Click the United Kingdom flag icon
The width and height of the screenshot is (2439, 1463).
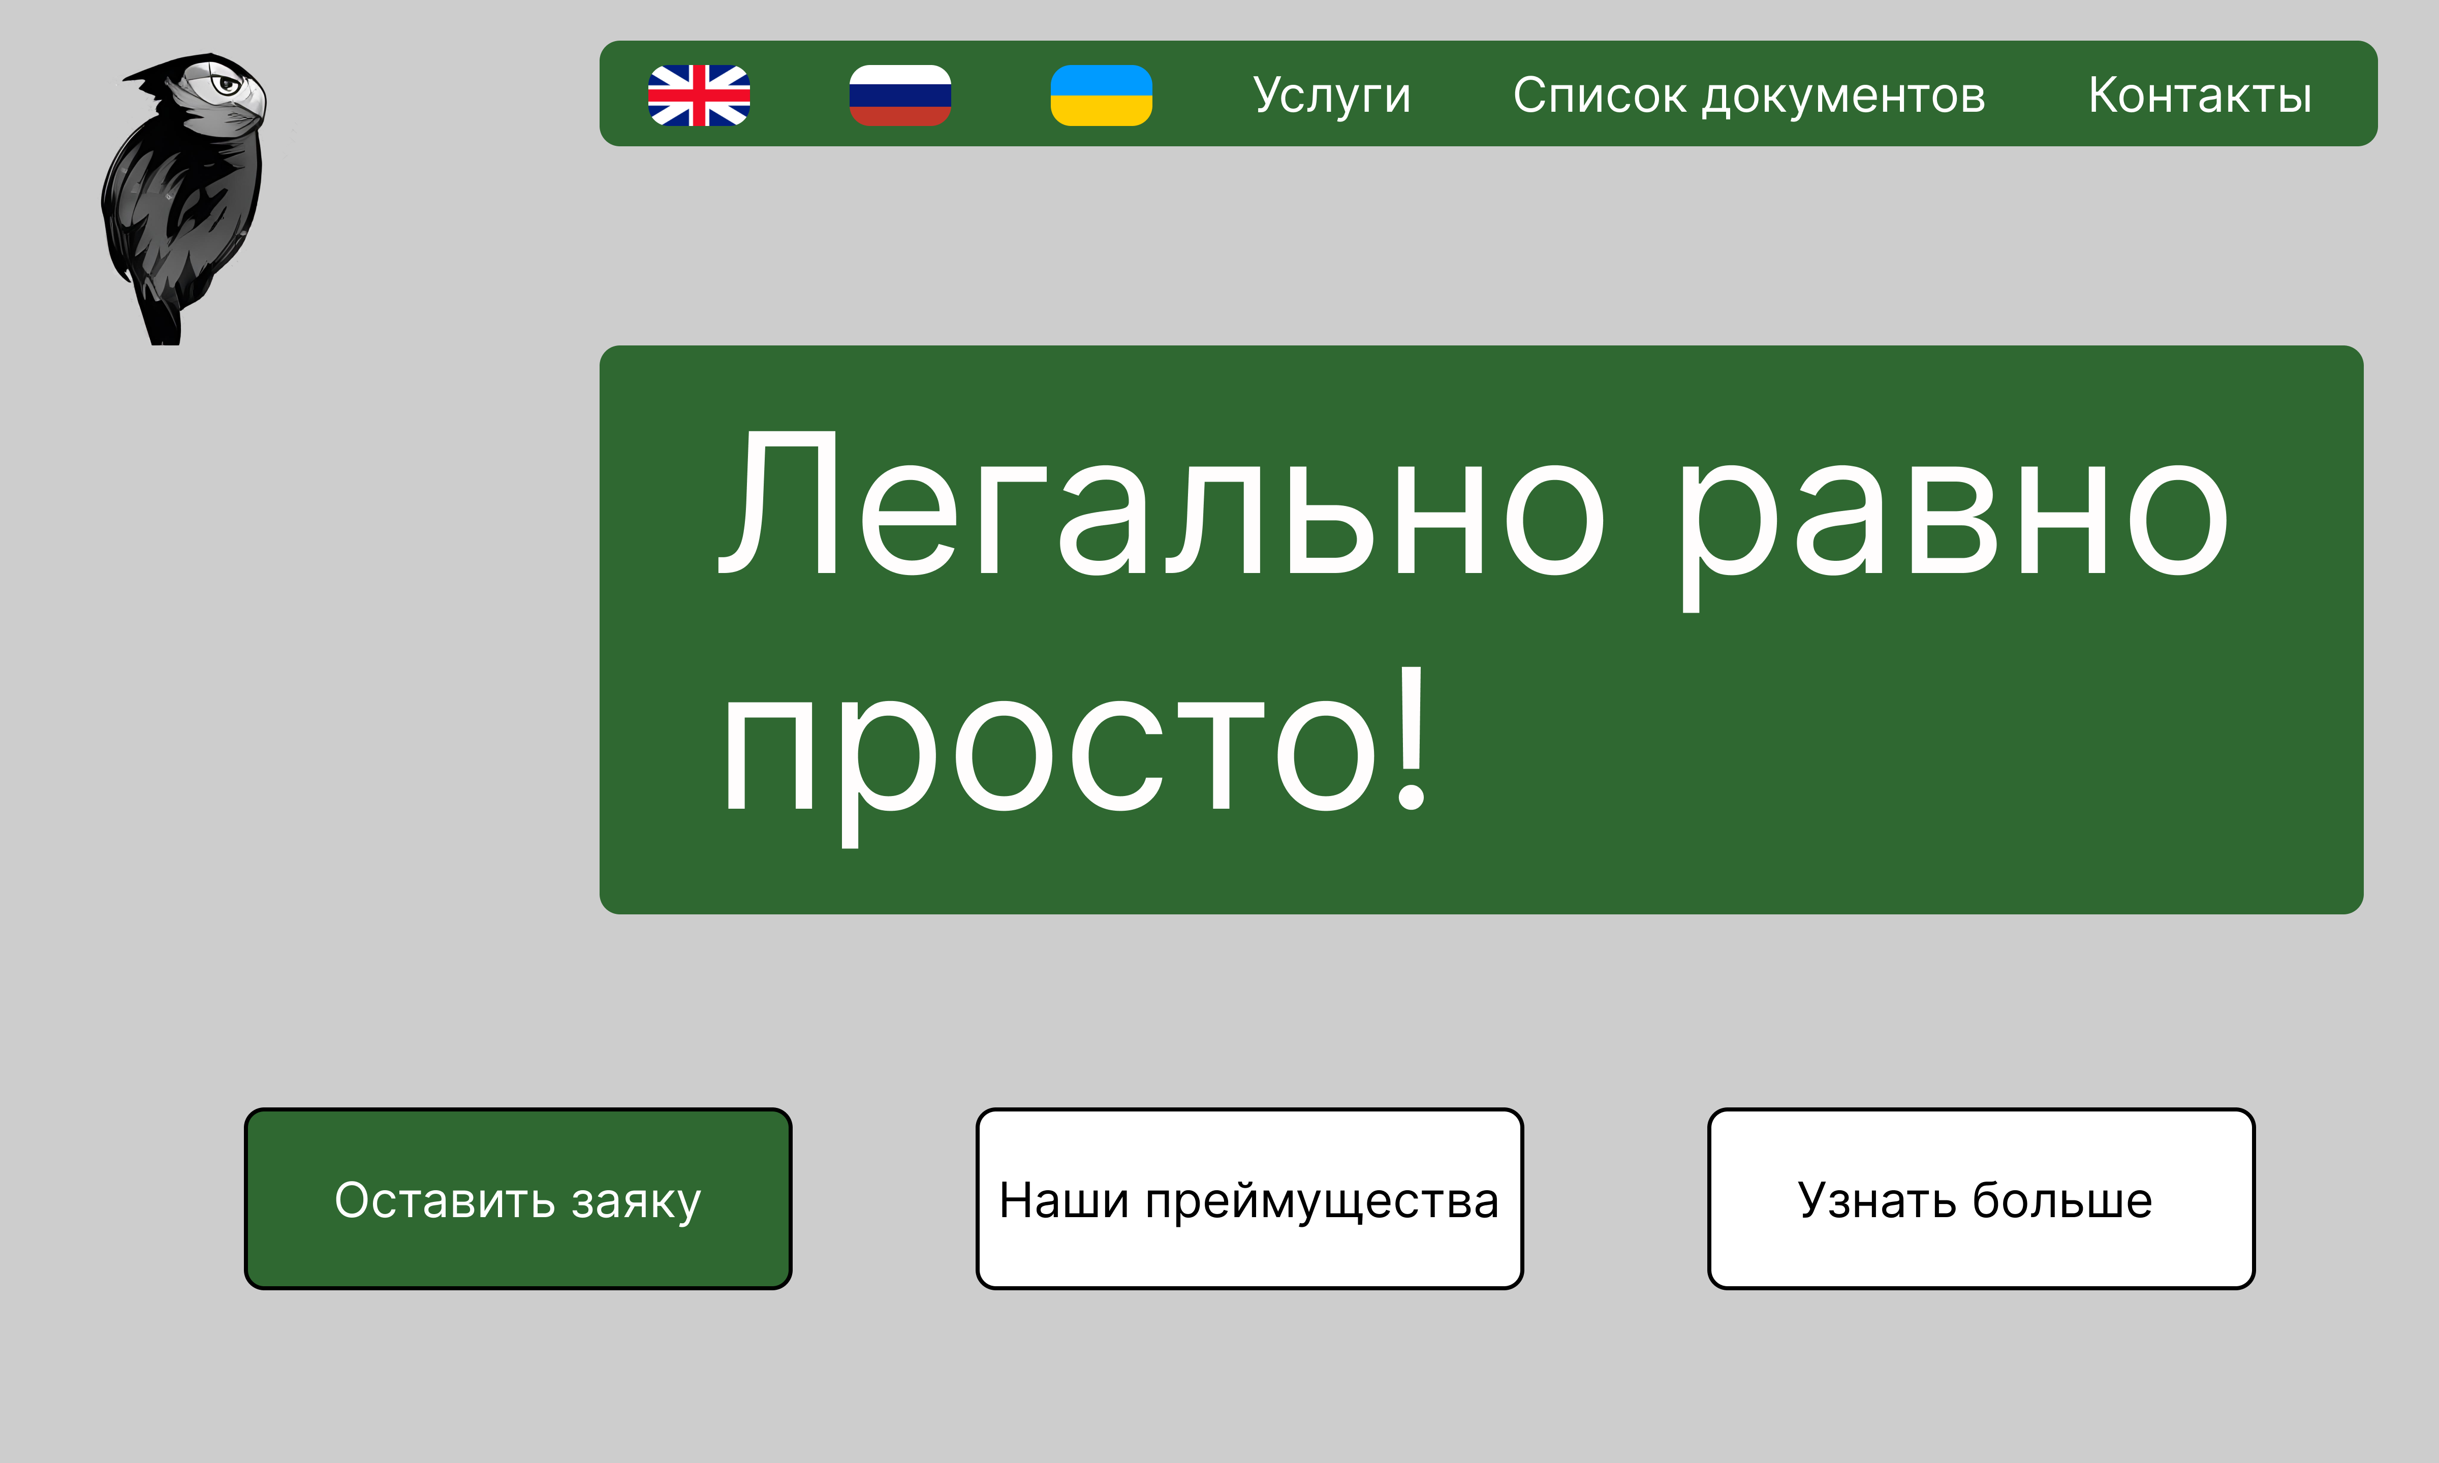(699, 96)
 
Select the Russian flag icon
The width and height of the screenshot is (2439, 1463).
(900, 96)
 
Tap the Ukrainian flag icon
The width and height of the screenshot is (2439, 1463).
(1101, 96)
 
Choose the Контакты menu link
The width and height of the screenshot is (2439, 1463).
(2200, 96)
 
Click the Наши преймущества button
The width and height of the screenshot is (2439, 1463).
(1249, 1199)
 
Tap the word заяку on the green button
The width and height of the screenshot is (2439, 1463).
(636, 1203)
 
